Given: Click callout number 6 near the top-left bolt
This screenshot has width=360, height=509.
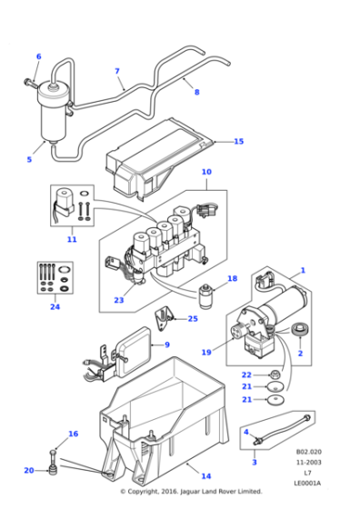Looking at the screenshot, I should [x=38, y=56].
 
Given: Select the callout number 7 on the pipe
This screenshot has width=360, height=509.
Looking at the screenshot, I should [x=116, y=71].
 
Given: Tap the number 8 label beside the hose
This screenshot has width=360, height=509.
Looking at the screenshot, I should [x=196, y=92].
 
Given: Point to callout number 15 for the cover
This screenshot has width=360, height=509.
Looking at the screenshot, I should [x=239, y=141].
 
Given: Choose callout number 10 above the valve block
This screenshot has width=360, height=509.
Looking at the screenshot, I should [x=205, y=171].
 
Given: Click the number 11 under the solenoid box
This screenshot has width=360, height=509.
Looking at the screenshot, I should [x=72, y=240].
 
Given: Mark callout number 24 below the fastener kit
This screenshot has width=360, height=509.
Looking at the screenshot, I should [x=55, y=307].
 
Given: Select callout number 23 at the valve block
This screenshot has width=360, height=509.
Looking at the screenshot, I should [x=118, y=301].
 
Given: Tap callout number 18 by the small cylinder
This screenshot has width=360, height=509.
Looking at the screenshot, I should [x=232, y=278].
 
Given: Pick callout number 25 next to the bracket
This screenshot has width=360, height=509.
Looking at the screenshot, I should [x=192, y=318].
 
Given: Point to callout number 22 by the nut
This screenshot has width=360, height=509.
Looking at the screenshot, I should [x=245, y=374].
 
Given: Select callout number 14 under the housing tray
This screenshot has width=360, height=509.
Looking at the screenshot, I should [x=205, y=476].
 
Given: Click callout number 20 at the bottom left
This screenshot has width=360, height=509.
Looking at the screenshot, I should [x=28, y=470].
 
